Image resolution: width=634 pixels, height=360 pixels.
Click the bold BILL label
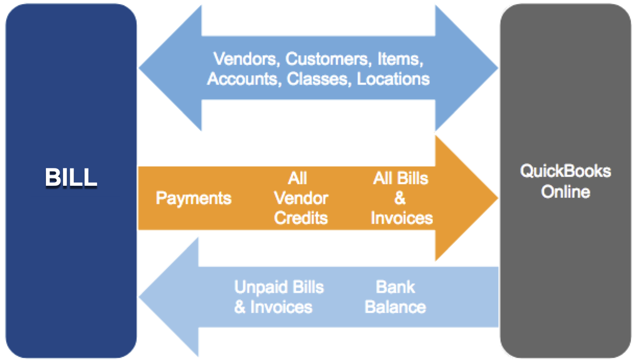[x=71, y=178]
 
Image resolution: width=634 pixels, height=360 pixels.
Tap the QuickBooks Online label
[x=565, y=181]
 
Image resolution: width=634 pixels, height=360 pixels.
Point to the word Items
[x=398, y=58]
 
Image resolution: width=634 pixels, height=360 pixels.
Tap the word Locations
[x=393, y=79]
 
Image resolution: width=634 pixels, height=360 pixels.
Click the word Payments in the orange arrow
[x=193, y=198]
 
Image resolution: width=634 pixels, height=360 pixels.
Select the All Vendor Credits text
[x=301, y=198]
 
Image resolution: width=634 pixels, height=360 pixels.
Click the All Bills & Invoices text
[x=401, y=198]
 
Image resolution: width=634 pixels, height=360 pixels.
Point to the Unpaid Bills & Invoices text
[x=278, y=296]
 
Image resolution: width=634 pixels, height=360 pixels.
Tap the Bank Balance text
[x=395, y=296]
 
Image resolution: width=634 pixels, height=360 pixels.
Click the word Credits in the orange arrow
[x=301, y=218]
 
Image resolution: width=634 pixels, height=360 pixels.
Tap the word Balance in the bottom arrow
[x=395, y=306]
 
